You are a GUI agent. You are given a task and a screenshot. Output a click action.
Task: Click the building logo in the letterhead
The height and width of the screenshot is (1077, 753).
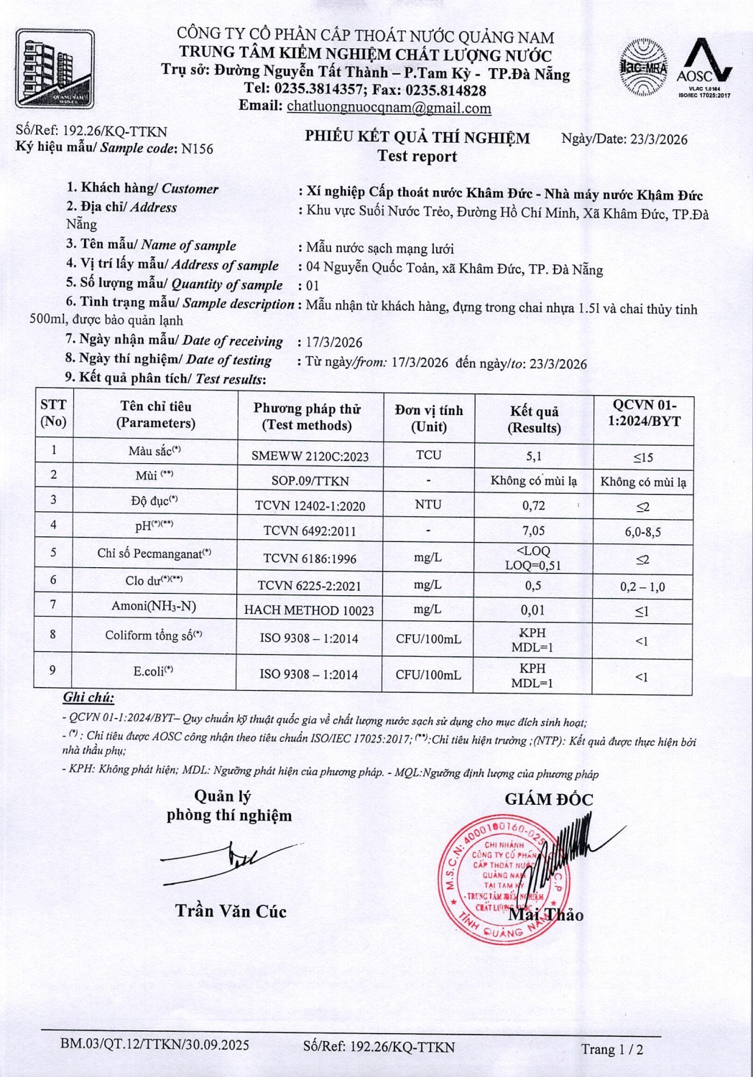click(55, 69)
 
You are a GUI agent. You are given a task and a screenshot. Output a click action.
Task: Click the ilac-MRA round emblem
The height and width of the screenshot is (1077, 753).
click(643, 67)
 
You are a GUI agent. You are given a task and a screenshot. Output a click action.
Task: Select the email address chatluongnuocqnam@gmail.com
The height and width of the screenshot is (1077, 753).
click(389, 108)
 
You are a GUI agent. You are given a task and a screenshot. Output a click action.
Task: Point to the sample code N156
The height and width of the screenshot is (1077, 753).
click(197, 149)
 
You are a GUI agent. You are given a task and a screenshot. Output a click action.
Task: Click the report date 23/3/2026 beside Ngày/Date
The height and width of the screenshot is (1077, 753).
click(658, 139)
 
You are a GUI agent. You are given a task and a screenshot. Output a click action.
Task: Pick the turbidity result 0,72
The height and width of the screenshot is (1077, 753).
click(533, 505)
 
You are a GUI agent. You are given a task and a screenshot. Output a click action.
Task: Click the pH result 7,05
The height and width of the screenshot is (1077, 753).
click(533, 531)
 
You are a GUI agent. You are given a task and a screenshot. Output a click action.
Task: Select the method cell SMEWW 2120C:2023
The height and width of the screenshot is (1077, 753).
click(310, 456)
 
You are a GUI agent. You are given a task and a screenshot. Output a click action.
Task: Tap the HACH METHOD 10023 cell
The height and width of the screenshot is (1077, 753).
click(309, 610)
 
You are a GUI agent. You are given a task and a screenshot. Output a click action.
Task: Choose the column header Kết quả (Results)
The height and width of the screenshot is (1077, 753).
click(534, 419)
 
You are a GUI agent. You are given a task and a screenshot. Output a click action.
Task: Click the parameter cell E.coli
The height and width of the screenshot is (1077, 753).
click(153, 671)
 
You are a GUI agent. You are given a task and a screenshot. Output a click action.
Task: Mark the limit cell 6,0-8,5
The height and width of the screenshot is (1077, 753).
click(642, 532)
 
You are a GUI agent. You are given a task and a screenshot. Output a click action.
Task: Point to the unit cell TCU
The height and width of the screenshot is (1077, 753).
click(428, 455)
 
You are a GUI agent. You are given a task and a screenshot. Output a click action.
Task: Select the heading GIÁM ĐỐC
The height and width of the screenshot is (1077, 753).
click(549, 799)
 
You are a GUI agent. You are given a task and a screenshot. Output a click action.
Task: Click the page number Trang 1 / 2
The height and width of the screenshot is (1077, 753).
click(612, 1049)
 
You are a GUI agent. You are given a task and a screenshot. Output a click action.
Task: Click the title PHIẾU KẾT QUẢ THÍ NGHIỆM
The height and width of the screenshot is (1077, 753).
click(417, 138)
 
